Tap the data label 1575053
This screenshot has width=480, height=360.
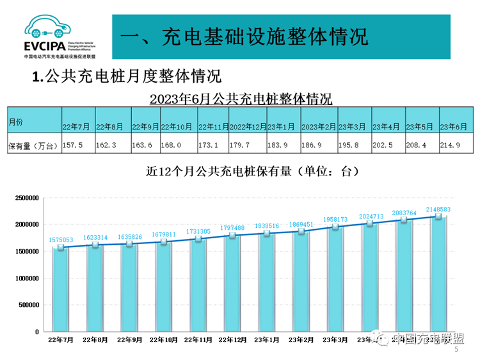tap(61, 240)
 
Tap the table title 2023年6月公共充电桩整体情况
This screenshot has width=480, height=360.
tap(241, 99)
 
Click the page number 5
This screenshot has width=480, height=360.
tap(456, 350)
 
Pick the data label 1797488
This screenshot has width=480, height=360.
tap(232, 227)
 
